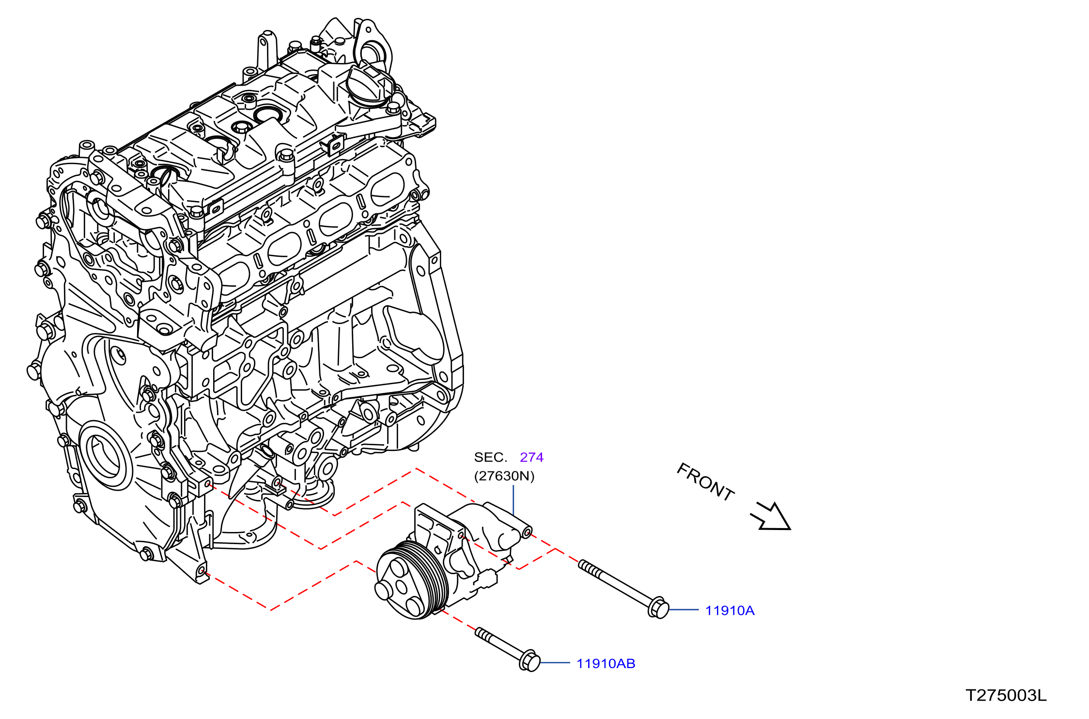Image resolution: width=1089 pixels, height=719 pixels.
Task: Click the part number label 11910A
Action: pyautogui.click(x=730, y=610)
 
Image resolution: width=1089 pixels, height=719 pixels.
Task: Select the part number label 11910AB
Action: pyautogui.click(x=606, y=663)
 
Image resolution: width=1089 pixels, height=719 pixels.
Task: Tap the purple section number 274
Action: pyautogui.click(x=531, y=457)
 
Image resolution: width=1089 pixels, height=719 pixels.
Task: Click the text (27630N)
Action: pyautogui.click(x=504, y=476)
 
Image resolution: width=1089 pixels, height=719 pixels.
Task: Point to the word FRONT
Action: pyautogui.click(x=705, y=482)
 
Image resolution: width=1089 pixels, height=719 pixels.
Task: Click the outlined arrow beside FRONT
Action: pyautogui.click(x=771, y=517)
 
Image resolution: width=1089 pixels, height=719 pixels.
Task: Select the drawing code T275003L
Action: pyautogui.click(x=1006, y=695)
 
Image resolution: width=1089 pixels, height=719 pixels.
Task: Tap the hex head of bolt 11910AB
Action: pyautogui.click(x=529, y=661)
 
